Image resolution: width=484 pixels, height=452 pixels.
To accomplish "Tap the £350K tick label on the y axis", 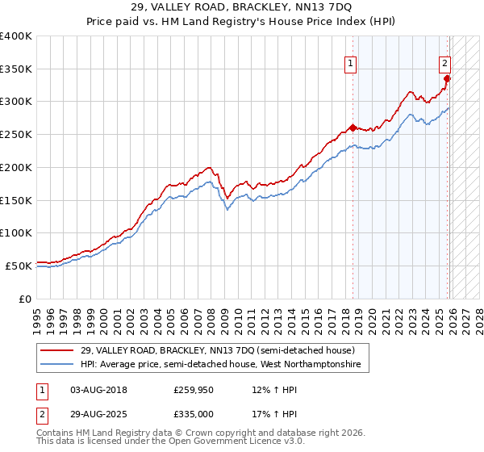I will coord(16,69).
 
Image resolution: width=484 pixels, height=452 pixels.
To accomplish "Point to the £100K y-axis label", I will coord(16,232).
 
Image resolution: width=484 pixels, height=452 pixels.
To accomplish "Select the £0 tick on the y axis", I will coord(24,298).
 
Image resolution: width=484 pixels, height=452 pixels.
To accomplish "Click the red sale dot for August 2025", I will coord(448,78).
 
